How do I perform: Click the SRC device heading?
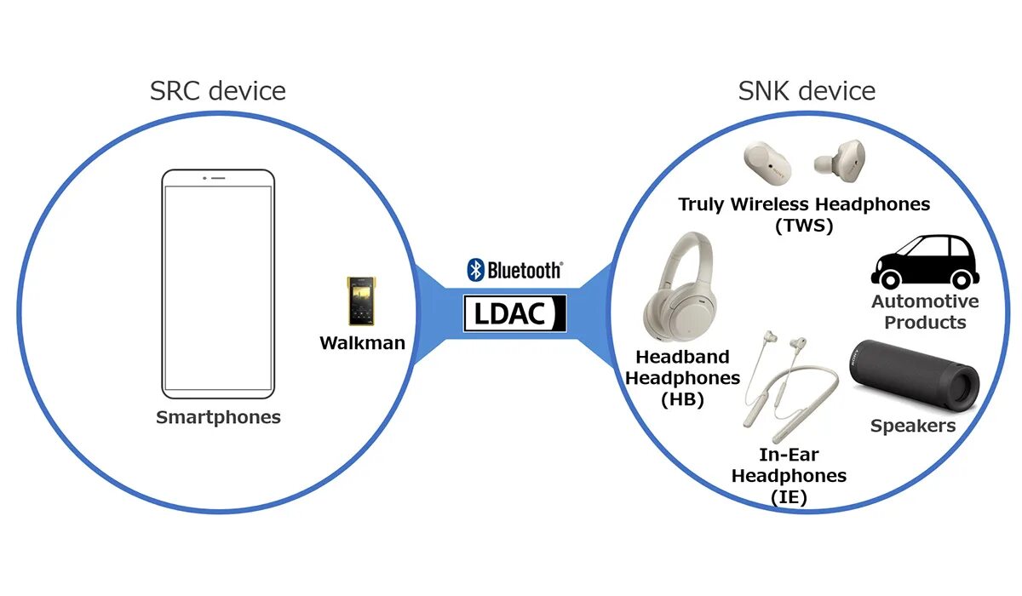218,90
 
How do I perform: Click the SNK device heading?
807,90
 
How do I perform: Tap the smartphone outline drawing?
219,283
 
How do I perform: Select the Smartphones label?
218,417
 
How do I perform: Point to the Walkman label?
362,344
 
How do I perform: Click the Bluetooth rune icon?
475,270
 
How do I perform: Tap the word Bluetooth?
524,271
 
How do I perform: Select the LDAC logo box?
514,313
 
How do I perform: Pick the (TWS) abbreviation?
804,226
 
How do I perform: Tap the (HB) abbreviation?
682,398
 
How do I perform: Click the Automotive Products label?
925,312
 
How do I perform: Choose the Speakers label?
912,426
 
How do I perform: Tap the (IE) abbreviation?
789,497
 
